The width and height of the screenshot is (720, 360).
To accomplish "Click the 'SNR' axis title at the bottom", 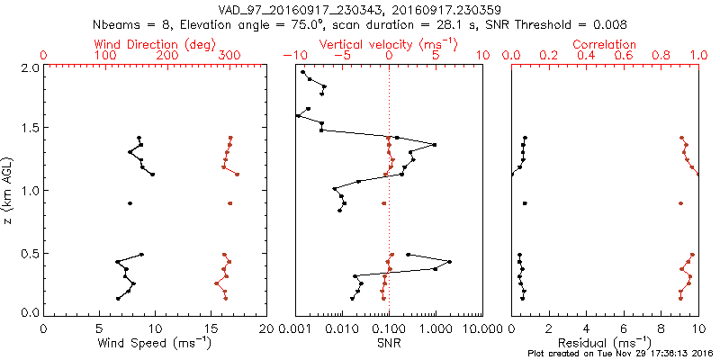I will click(x=389, y=343).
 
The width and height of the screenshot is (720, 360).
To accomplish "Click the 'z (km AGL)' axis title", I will click(x=10, y=190).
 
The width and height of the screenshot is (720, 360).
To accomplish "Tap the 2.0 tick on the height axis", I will click(x=29, y=68).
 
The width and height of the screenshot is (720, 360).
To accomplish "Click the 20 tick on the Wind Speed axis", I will click(x=266, y=328).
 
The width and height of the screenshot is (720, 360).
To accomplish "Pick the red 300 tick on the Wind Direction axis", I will click(x=229, y=56).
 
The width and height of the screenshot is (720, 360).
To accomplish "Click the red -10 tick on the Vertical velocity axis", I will click(x=292, y=56).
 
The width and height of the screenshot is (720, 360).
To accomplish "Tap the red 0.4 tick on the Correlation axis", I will click(x=586, y=56).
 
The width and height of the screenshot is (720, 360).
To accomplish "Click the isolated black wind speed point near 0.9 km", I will click(x=130, y=203).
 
